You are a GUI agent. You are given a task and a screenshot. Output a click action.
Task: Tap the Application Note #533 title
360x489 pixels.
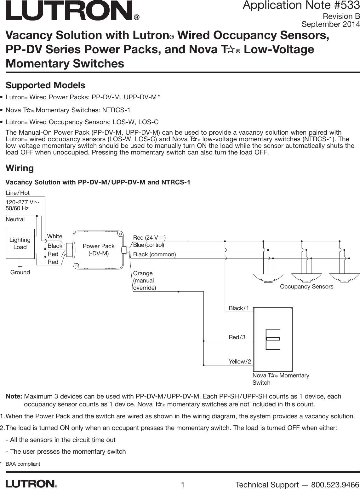pos(301,5)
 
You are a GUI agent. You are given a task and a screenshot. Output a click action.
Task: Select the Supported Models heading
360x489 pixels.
pos(45,85)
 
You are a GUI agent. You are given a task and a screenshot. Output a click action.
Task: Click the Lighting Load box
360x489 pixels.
pos(20,244)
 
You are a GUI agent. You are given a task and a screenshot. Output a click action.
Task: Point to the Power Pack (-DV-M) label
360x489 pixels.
pos(99,250)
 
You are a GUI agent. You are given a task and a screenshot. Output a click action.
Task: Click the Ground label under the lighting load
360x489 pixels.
pos(20,272)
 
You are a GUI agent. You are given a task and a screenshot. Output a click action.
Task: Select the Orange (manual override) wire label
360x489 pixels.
pos(144,281)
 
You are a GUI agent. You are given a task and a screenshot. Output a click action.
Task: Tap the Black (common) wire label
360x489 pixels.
pos(154,254)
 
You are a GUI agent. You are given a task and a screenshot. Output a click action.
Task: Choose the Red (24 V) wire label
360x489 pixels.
pos(149,237)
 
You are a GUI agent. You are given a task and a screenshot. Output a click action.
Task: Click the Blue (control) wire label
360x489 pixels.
pos(148,245)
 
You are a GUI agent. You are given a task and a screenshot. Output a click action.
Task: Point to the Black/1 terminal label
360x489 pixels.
pos(238,308)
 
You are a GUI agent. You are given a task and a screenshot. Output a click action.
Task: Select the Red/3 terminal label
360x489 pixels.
pos(237,337)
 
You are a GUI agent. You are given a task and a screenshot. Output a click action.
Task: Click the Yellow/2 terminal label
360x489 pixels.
pos(240,362)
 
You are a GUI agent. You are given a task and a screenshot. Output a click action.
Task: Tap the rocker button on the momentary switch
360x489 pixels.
pos(273,340)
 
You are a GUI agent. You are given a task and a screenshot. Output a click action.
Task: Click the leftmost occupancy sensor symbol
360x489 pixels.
pos(268,278)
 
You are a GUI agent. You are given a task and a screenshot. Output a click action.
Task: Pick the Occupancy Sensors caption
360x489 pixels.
pos(306,286)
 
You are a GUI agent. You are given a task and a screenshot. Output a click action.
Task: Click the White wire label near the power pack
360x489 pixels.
pos(55,236)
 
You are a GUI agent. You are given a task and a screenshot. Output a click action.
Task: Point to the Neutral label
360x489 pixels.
pos(15,219)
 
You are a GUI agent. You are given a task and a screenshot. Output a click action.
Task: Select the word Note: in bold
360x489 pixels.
pos(14,396)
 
